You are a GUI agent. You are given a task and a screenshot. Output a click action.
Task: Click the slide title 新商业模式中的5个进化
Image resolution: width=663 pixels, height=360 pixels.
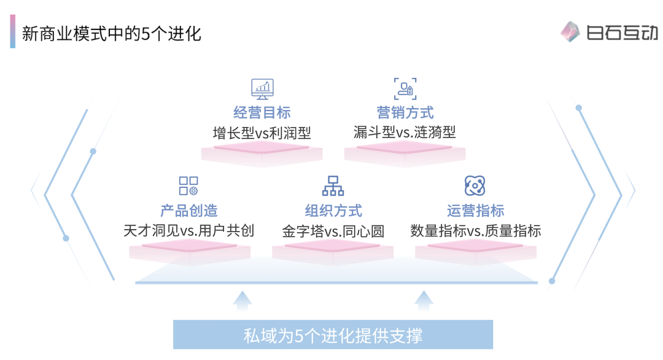[x=111, y=33]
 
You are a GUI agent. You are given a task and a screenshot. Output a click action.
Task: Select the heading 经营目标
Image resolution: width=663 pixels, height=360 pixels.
[x=262, y=112]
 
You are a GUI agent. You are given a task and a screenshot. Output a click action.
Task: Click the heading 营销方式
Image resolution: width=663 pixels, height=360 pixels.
[x=405, y=112]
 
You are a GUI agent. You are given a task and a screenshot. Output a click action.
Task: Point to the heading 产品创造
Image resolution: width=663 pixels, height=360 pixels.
[x=189, y=211]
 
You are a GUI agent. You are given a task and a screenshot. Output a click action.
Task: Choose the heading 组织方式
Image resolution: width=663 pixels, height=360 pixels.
[x=333, y=211]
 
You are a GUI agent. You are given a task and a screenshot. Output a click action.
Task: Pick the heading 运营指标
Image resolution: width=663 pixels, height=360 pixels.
[x=476, y=211]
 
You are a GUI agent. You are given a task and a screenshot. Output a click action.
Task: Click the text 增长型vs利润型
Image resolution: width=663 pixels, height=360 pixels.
[x=262, y=133]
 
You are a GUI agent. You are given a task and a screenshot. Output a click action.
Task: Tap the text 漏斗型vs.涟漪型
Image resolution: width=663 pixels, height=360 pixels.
[x=405, y=133]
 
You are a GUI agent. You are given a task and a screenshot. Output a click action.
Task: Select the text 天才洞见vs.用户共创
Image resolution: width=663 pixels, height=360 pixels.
[x=189, y=231]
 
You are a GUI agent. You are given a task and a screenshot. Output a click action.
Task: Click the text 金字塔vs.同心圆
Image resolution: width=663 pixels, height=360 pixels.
[x=333, y=231]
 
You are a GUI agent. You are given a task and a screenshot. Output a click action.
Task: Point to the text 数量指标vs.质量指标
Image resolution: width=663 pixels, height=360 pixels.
[x=476, y=231]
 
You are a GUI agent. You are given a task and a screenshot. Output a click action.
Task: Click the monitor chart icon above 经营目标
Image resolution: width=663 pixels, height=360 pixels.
[x=262, y=88]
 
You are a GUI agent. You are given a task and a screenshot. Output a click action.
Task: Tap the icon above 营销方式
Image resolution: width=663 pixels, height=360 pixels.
[x=405, y=88]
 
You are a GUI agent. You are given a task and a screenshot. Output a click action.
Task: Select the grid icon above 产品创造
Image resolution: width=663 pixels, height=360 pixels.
[x=188, y=186]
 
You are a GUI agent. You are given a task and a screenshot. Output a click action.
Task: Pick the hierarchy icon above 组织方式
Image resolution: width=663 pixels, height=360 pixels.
[x=333, y=186]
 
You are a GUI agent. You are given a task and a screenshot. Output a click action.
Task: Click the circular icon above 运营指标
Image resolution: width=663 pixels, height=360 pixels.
[x=475, y=185]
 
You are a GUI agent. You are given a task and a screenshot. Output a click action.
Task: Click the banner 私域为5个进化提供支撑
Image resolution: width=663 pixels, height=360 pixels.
[x=333, y=335]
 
